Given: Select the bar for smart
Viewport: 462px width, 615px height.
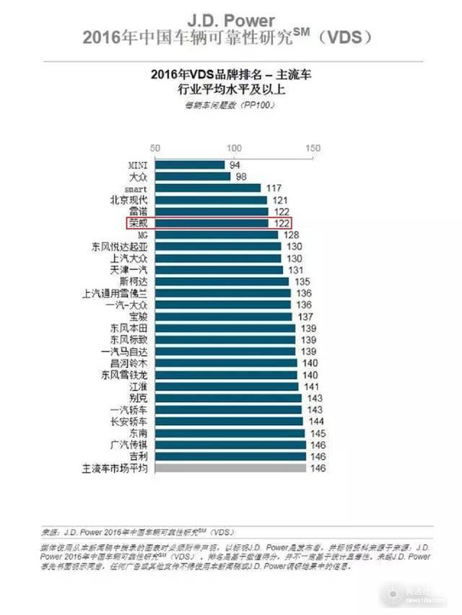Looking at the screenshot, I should (204, 188).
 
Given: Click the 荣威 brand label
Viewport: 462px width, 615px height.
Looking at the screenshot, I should (138, 223).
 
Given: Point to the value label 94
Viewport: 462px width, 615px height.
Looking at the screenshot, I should (234, 165).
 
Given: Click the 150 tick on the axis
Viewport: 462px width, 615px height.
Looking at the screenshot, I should (313, 147).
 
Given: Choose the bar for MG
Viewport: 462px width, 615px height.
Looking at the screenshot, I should (214, 235).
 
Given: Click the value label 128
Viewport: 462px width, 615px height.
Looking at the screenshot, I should (292, 235).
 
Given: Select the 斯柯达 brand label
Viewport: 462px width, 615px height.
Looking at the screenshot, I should (134, 282).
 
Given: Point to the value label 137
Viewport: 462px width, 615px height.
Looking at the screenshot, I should (305, 316).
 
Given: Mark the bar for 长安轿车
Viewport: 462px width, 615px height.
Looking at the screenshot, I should (227, 422).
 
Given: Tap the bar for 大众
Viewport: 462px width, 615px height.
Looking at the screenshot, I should (189, 176).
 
